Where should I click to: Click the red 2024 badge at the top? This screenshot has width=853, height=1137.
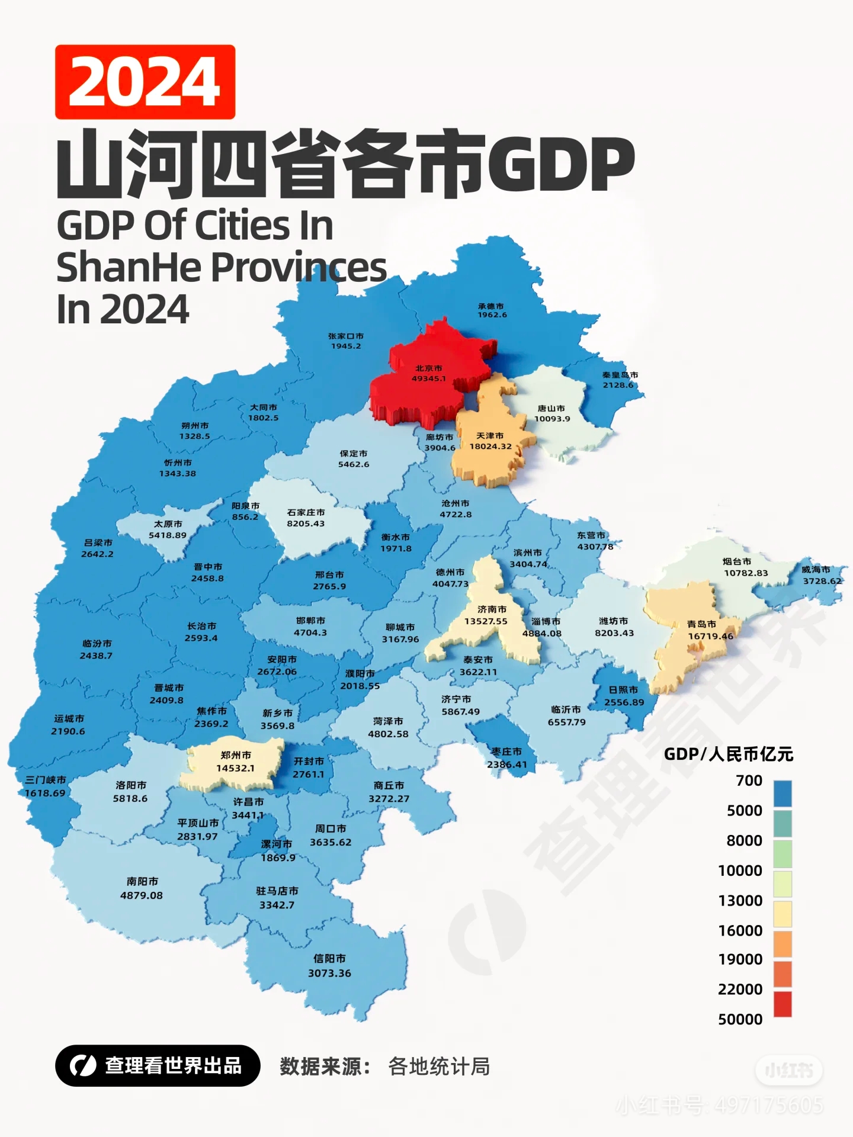coord(145,82)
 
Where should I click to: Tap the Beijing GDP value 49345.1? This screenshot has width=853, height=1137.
coord(429,378)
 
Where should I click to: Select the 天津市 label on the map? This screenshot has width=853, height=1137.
coord(490,435)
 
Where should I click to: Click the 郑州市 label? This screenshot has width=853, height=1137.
coord(236,755)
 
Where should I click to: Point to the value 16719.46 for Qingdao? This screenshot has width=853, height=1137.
coord(710,636)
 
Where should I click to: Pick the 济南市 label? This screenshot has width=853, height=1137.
coord(492,609)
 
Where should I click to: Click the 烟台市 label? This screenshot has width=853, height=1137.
coord(737,561)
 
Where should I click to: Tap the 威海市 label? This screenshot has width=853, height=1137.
coord(816,569)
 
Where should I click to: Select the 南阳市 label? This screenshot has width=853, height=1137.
coord(142,881)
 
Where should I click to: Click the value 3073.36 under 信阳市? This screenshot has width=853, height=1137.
coord(329,973)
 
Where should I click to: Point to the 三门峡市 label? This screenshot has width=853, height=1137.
coord(46,780)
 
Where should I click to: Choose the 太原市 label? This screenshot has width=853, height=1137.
coord(168,524)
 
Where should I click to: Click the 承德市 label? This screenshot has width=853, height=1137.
coord(491,306)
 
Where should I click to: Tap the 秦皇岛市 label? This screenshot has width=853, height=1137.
coord(620,375)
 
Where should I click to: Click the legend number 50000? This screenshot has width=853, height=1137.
coord(740,1019)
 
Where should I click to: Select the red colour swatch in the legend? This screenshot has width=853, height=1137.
coord(783,1004)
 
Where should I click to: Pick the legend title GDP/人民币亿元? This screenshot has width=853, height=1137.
coord(728,754)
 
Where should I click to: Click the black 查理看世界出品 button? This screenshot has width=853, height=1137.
coord(158,1065)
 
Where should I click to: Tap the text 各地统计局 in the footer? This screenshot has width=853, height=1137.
coord(439,1067)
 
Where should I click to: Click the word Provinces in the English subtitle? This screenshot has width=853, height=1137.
coord(299,267)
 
